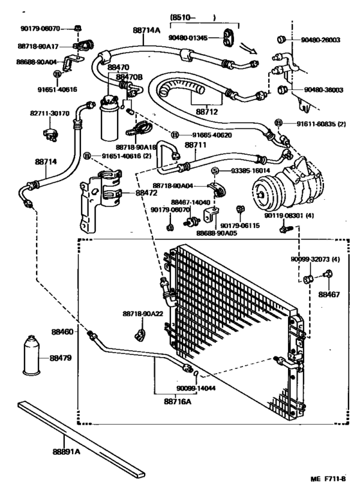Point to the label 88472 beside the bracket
click(x=148, y=192)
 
